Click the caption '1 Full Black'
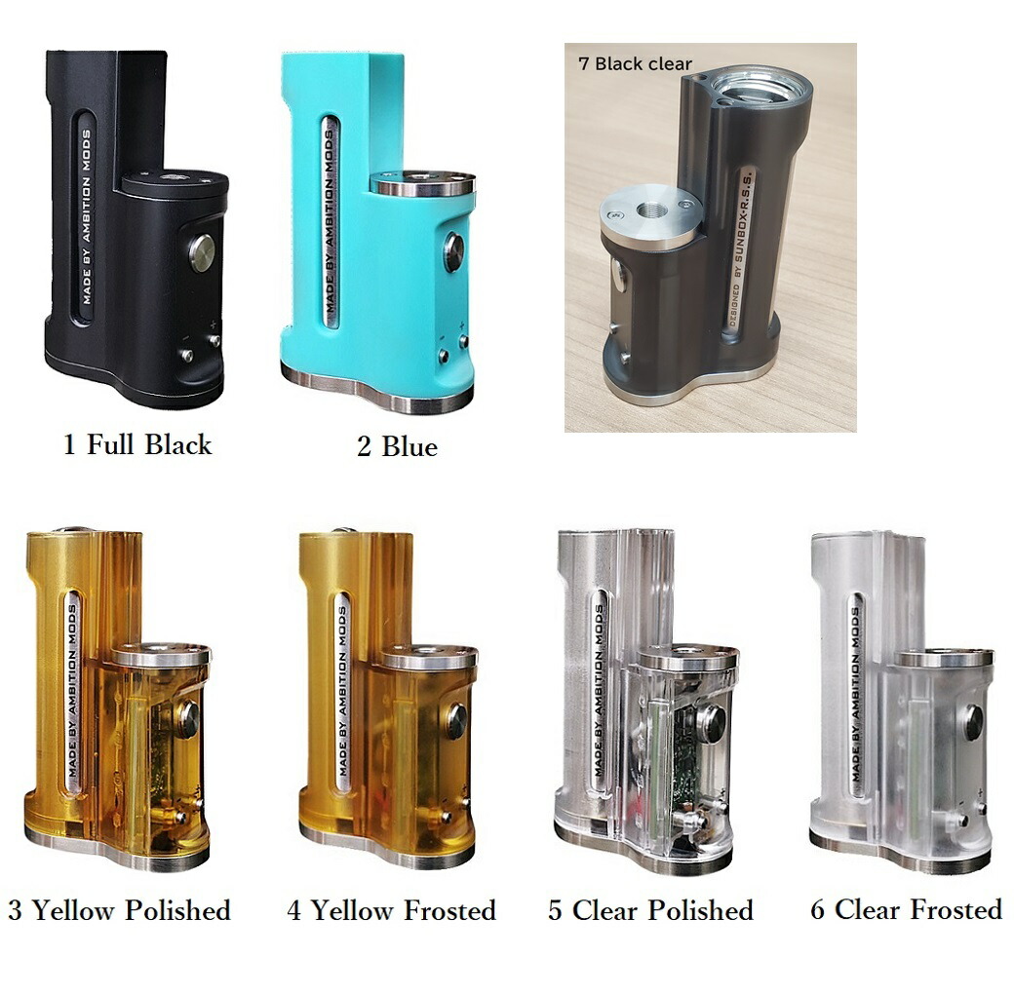click(136, 445)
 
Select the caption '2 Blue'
click(396, 447)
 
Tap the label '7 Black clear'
click(634, 64)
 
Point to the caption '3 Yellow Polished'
click(119, 911)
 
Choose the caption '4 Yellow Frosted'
click(391, 911)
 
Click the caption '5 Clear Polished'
click(650, 911)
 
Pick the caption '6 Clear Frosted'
click(906, 910)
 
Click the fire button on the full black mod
click(202, 252)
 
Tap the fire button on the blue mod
click(453, 251)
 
